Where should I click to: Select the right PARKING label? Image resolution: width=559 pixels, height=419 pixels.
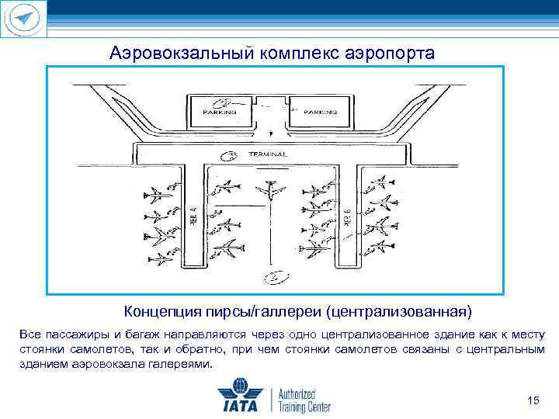pos(320,112)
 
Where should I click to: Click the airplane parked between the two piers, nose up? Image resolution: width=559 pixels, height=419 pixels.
pos(271,190)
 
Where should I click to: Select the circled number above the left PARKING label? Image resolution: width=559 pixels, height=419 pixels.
pos(223,101)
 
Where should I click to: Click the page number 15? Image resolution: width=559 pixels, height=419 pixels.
pos(532,400)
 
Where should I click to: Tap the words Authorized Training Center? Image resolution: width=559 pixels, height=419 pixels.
pos(304,397)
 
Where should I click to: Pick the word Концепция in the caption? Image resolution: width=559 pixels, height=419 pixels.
pos(158,312)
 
